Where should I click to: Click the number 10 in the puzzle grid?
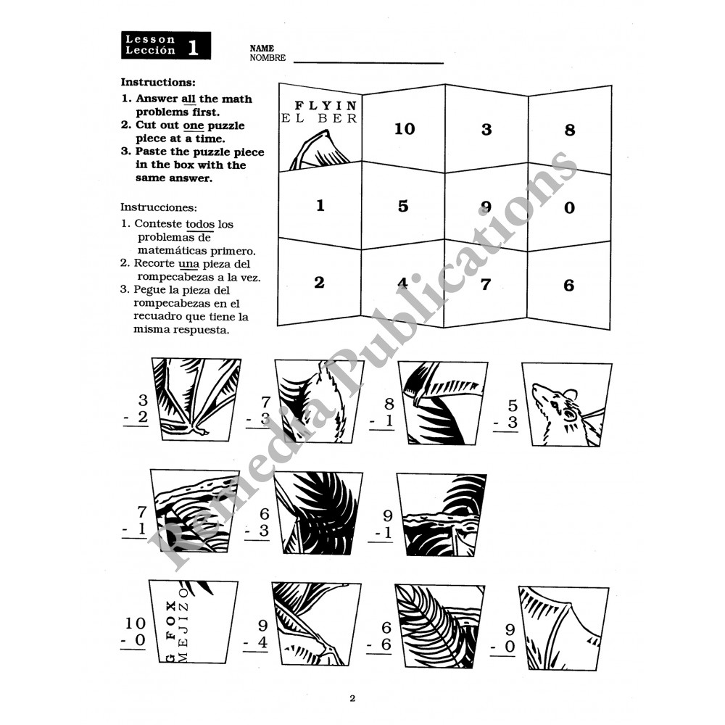click(405, 129)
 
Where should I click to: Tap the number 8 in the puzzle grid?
click(569, 130)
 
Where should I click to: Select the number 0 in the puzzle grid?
click(569, 208)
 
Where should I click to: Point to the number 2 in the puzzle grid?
click(319, 283)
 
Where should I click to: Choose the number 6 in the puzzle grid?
click(569, 286)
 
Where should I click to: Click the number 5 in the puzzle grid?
click(403, 206)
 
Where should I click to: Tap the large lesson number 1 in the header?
click(193, 48)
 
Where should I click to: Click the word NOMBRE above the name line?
click(268, 58)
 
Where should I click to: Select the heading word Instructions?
click(158, 83)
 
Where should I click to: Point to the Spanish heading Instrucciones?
click(158, 207)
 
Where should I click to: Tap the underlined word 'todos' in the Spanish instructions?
click(200, 225)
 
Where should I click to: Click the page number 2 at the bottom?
click(352, 699)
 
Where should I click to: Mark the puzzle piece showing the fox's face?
click(565, 405)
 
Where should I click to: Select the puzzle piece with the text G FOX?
click(191, 621)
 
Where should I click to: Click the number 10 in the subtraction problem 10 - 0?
click(135, 622)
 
